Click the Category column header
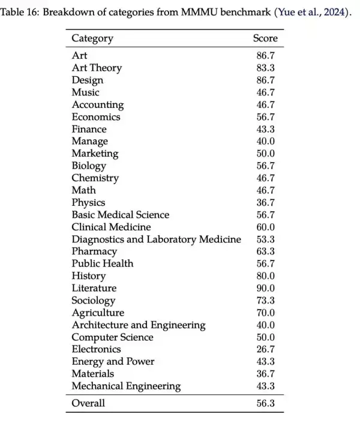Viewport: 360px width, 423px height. click(92, 38)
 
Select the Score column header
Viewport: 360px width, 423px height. click(265, 38)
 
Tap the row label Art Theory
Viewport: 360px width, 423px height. click(97, 68)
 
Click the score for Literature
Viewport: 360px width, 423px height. click(265, 288)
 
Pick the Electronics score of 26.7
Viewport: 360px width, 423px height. click(265, 349)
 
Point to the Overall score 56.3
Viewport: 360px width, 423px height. click(265, 403)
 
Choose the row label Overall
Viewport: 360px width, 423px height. click(88, 403)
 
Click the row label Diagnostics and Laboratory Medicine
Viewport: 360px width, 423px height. click(156, 239)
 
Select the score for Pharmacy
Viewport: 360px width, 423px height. click(265, 251)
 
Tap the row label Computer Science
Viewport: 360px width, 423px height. click(112, 337)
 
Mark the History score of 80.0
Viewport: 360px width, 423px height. click(265, 276)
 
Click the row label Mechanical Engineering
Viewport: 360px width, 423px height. click(126, 386)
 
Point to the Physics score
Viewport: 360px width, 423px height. click(265, 202)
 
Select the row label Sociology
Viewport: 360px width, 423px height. click(93, 301)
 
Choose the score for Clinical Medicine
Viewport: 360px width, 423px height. click(265, 227)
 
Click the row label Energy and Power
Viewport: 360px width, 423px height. click(113, 361)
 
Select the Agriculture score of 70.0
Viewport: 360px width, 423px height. click(265, 313)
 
